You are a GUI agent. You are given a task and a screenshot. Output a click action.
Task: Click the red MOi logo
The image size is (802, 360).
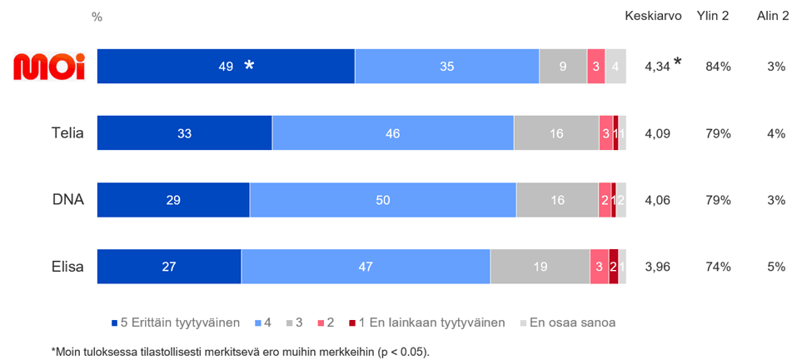49,67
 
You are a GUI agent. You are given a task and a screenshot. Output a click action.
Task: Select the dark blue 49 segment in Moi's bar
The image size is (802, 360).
226,67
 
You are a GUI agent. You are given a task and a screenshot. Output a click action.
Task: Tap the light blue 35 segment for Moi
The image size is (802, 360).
447,67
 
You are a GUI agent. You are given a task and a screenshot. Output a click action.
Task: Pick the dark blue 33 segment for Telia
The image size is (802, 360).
185,133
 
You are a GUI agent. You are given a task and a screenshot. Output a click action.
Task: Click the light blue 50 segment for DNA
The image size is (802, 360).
383,200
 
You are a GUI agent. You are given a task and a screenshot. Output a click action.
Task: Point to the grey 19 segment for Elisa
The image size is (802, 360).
540,267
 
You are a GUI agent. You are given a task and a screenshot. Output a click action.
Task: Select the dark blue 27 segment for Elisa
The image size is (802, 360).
169,267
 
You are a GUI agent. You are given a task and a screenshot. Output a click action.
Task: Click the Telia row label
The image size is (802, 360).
67,133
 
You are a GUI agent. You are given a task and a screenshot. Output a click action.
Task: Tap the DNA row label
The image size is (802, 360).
68,200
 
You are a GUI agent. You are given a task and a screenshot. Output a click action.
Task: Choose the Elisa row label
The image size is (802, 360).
67,267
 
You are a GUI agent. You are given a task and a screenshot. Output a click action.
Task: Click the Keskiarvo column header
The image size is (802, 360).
654,17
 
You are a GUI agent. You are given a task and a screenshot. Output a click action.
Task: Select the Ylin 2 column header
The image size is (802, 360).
713,17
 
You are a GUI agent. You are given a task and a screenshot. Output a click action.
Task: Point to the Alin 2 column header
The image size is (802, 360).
773,17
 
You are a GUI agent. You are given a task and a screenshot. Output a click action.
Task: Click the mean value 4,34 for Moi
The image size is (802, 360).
657,67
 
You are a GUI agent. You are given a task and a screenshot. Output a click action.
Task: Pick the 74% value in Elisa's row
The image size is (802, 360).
718,267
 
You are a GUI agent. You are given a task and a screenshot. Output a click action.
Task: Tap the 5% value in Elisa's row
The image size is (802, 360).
776,267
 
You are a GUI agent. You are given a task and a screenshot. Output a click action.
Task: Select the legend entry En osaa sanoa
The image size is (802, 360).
572,322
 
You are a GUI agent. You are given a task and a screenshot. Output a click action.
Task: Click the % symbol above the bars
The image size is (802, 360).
97,17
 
